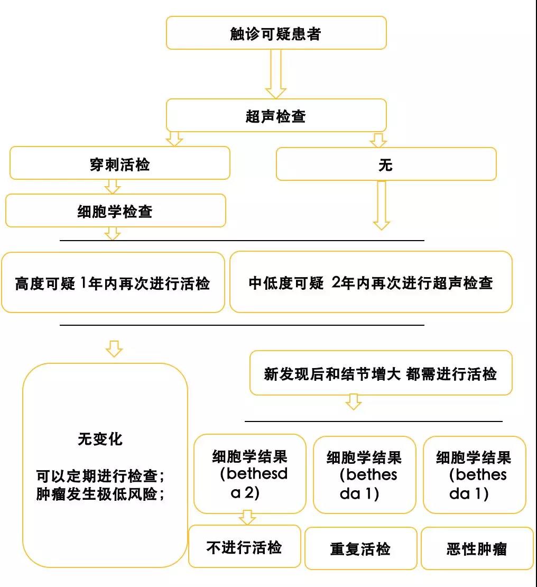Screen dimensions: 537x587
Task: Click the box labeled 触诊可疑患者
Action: [x=276, y=33]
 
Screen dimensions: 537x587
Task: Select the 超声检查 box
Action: [x=276, y=115]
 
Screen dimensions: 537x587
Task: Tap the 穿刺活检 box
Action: [x=120, y=163]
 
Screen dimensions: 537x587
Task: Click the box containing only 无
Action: [x=386, y=164]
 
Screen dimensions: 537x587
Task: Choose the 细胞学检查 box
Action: [x=116, y=210]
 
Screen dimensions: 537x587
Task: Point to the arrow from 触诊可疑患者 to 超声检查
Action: [x=276, y=74]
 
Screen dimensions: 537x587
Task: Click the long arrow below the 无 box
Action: [x=381, y=205]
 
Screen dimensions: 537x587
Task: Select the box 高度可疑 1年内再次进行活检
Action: [x=113, y=282]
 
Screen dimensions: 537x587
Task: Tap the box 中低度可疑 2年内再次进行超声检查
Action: [x=371, y=282]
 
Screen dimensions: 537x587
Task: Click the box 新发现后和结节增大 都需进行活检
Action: [x=381, y=373]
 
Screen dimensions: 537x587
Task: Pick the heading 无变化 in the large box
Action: [x=100, y=439]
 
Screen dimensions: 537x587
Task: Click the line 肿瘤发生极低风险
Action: [x=100, y=494]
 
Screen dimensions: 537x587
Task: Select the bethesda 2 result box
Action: [x=250, y=474]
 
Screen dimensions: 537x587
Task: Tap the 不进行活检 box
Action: [x=245, y=547]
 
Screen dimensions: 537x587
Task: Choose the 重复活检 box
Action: [x=361, y=548]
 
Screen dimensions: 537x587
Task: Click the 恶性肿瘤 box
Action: [x=477, y=548]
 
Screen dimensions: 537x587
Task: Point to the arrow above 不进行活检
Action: [x=247, y=517]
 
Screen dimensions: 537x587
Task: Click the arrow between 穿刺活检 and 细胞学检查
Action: [x=112, y=187]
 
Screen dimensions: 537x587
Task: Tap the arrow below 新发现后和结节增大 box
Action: [x=353, y=402]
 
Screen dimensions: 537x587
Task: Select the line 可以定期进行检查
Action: [x=100, y=476]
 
